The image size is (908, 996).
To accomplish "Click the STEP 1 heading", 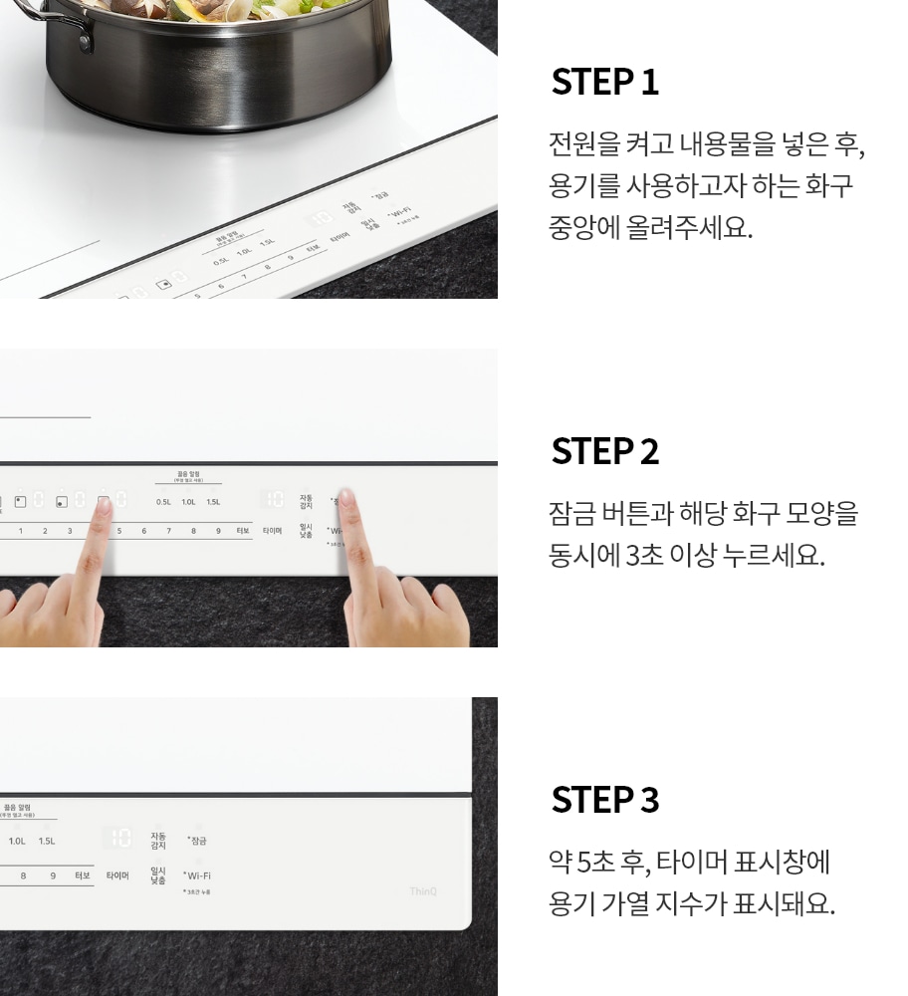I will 604,83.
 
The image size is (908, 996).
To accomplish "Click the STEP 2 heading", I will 604,451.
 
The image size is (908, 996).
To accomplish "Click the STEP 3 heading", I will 604,800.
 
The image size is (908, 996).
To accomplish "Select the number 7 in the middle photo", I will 168,531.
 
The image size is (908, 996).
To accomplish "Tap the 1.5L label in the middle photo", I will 213,502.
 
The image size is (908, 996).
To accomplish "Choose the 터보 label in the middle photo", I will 243,531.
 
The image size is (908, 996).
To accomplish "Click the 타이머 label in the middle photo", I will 272,531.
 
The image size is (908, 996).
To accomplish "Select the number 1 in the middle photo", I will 21,531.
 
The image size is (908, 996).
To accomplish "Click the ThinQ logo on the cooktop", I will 423,891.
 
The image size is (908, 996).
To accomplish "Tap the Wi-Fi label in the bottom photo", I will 198,875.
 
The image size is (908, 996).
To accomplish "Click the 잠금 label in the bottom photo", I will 198,841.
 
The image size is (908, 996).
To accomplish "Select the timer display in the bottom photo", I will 119,839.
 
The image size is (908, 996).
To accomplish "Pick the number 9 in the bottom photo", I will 53,875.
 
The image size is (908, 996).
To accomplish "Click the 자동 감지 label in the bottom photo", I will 158,840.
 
